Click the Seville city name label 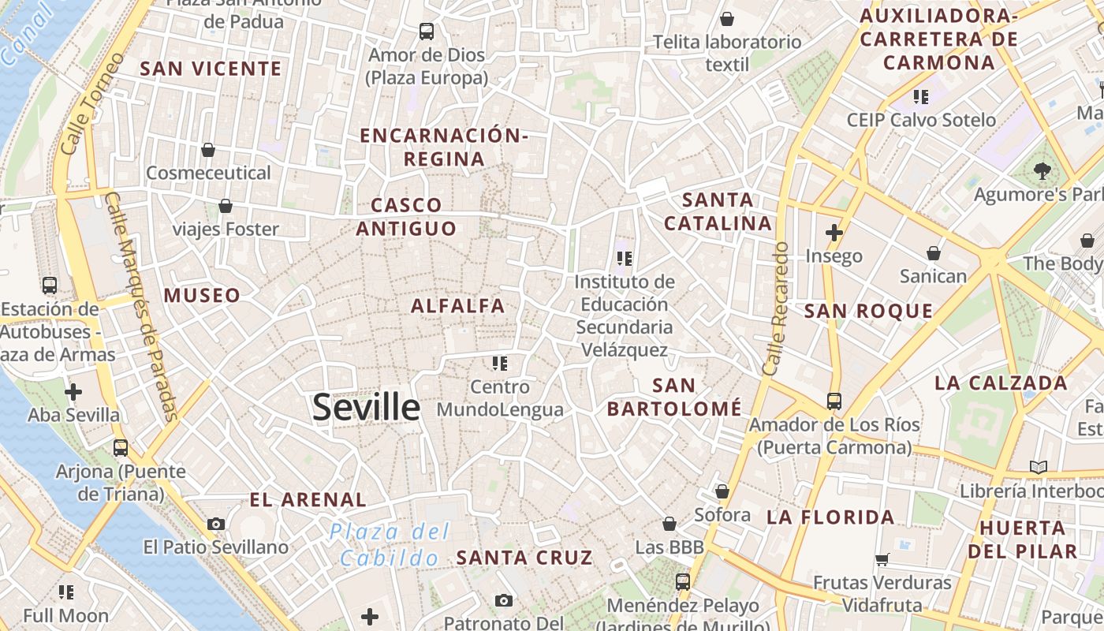[x=366, y=407]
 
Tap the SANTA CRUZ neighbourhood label [x=524, y=558]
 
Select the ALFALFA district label [x=458, y=306]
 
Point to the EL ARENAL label [x=308, y=499]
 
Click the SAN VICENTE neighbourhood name [x=211, y=69]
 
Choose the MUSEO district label [x=202, y=296]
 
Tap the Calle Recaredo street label [x=776, y=308]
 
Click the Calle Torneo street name [x=92, y=103]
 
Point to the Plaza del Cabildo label [x=390, y=544]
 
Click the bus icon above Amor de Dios [x=427, y=32]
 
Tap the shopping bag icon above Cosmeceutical [x=208, y=149]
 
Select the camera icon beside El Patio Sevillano [x=215, y=524]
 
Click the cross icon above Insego [x=834, y=233]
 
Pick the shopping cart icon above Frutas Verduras [x=882, y=559]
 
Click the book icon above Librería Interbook [x=1039, y=467]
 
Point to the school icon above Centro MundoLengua [x=500, y=364]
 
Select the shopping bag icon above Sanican [x=934, y=253]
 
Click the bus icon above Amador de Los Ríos [x=834, y=401]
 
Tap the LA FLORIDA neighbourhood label [x=830, y=517]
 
